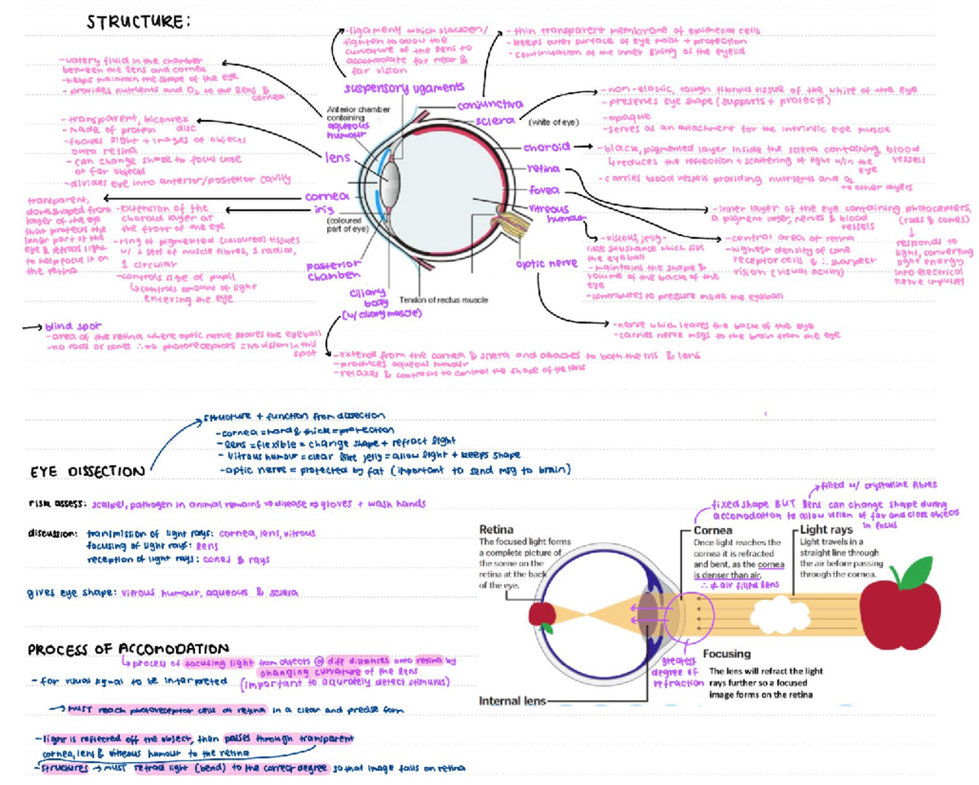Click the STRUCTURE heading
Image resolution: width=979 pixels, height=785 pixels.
pos(138,21)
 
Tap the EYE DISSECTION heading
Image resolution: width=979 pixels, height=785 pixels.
pos(88,472)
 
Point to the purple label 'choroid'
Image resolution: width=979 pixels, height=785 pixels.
pos(546,149)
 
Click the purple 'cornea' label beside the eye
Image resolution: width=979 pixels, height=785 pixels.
pos(327,197)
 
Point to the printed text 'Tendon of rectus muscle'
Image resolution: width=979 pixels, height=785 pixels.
pos(443,299)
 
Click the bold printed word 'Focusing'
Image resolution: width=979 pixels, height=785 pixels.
pos(727,654)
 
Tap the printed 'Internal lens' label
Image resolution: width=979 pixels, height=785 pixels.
pos(510,701)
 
